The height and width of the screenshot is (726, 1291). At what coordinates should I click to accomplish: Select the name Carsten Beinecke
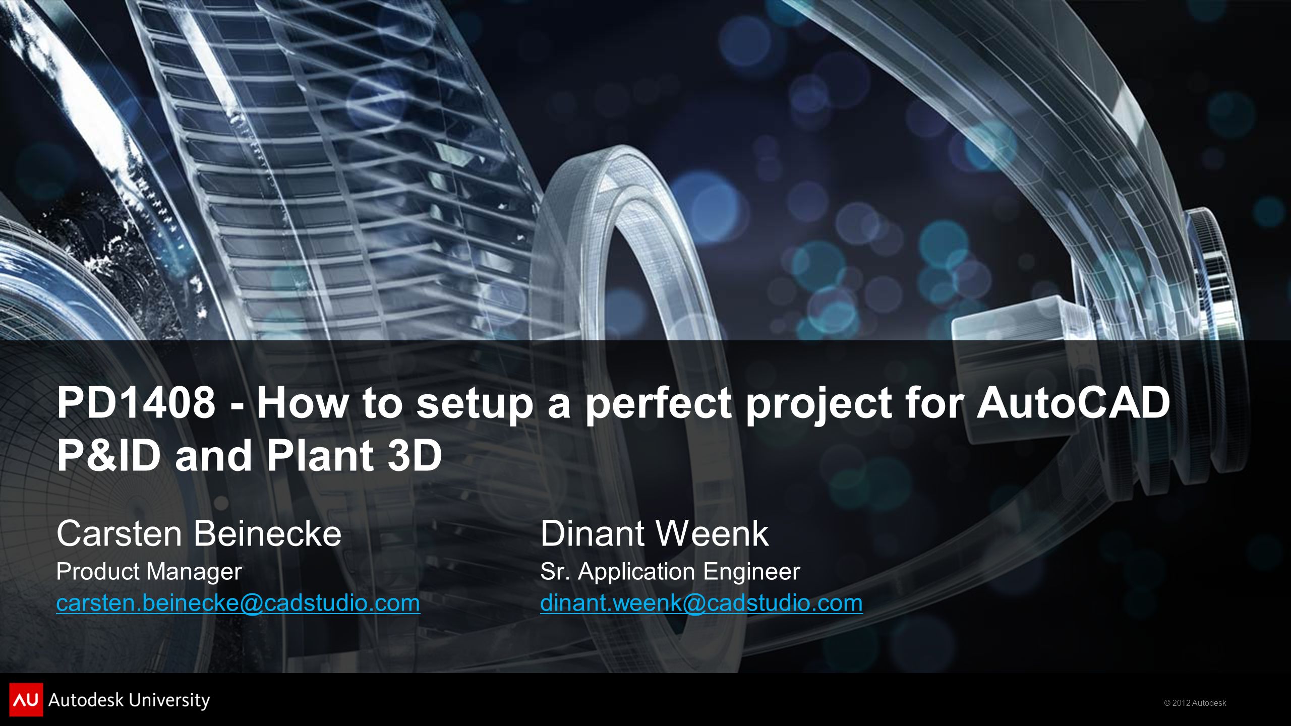[x=199, y=533]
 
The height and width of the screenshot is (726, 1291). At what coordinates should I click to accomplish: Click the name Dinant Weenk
[x=655, y=533]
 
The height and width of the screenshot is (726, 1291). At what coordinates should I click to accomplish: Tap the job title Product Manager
[x=149, y=572]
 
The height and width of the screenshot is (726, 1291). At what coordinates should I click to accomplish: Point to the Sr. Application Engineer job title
[x=670, y=572]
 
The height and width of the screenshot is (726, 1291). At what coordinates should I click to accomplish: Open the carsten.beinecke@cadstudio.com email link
[x=238, y=603]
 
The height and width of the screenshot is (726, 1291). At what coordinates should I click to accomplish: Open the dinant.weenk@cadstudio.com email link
[x=701, y=603]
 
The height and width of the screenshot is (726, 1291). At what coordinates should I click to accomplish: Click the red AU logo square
[x=26, y=699]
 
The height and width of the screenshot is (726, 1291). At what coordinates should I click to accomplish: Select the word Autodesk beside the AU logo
[x=85, y=700]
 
